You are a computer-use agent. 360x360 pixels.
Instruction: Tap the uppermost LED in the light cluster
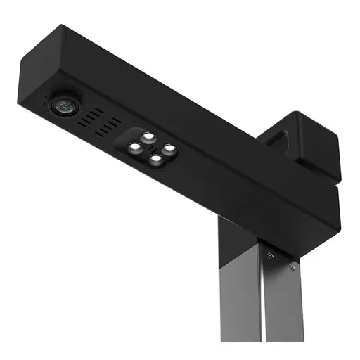148,136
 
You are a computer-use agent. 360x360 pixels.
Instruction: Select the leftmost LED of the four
134,148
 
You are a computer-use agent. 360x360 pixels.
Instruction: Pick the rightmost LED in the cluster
169,148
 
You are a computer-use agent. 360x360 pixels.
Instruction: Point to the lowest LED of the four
155,160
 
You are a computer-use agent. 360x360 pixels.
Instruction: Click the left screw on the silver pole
270,257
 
